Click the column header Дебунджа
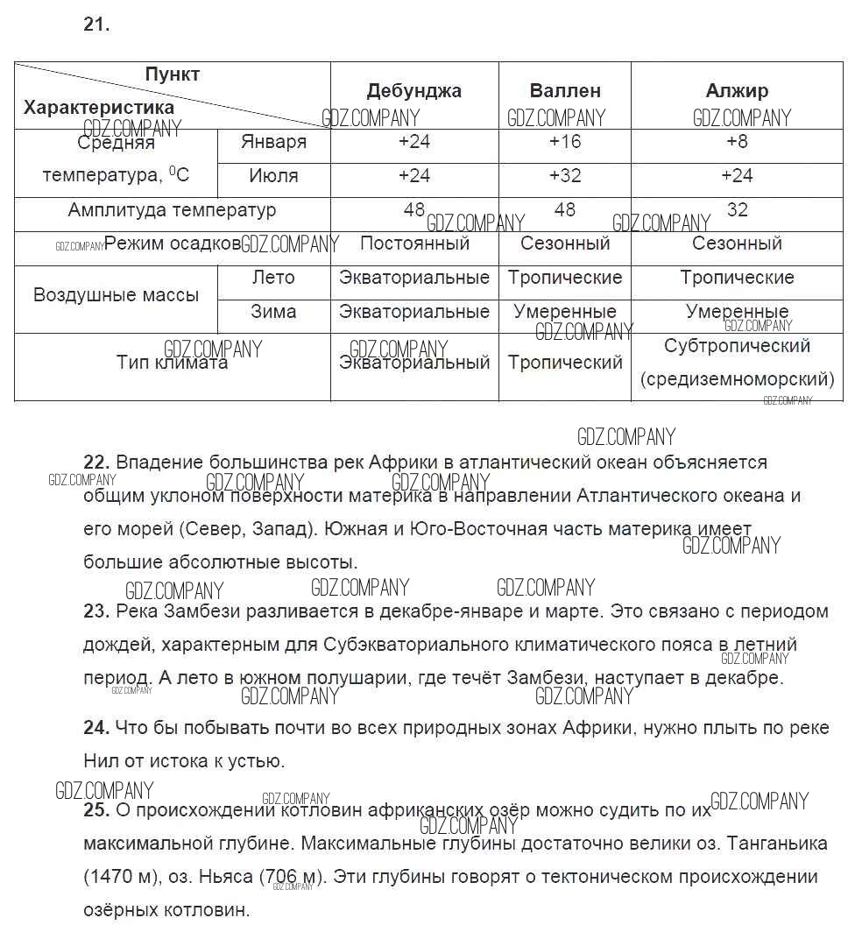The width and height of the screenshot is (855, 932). pyautogui.click(x=413, y=91)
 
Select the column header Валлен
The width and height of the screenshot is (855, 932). pyautogui.click(x=565, y=91)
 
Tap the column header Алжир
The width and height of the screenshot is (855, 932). pyautogui.click(x=737, y=91)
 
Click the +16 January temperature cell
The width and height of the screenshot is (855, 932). pyautogui.click(x=565, y=142)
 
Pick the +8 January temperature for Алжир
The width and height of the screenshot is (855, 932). pyautogui.click(x=737, y=142)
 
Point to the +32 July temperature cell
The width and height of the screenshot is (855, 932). pyautogui.click(x=565, y=176)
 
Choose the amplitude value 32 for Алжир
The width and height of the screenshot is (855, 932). pyautogui.click(x=737, y=210)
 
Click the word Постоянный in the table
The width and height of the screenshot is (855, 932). pyautogui.click(x=414, y=244)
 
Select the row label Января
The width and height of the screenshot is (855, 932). pyautogui.click(x=273, y=142)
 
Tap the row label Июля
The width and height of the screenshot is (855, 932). pyautogui.click(x=273, y=176)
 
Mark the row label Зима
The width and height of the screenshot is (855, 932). pyautogui.click(x=273, y=312)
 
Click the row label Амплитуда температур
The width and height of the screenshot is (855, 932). pyautogui.click(x=172, y=210)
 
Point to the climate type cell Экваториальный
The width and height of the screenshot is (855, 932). pyautogui.click(x=414, y=363)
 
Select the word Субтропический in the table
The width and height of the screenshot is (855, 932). pyautogui.click(x=737, y=346)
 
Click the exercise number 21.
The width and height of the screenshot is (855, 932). pyautogui.click(x=96, y=25)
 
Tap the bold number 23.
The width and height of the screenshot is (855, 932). pyautogui.click(x=95, y=611)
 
